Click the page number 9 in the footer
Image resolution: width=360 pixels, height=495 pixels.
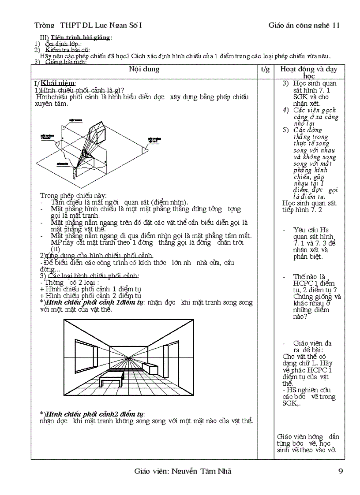click(340, 471)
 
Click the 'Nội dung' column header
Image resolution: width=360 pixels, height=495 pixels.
click(144, 69)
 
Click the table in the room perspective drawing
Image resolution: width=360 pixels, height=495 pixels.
click(110, 377)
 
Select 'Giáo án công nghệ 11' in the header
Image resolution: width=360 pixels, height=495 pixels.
click(304, 25)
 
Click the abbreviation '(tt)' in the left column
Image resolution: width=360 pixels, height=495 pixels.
click(56, 249)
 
